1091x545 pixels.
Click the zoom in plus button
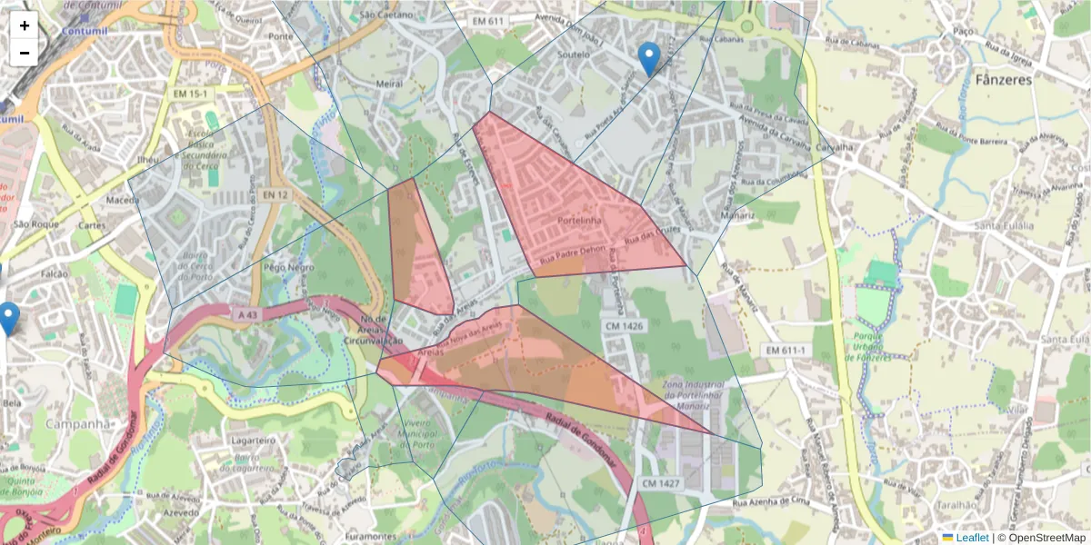tap(25, 26)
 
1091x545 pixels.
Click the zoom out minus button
tap(25, 53)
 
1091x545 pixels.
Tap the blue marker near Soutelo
tap(648, 58)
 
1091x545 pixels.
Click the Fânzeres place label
tap(1004, 79)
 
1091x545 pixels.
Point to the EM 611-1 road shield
tap(786, 350)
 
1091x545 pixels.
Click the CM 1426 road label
tap(623, 324)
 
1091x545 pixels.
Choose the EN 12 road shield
tap(275, 194)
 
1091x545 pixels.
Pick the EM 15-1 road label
tap(191, 94)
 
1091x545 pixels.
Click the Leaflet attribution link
tap(972, 538)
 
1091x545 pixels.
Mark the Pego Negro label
tap(288, 268)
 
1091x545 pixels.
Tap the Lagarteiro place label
tap(254, 439)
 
